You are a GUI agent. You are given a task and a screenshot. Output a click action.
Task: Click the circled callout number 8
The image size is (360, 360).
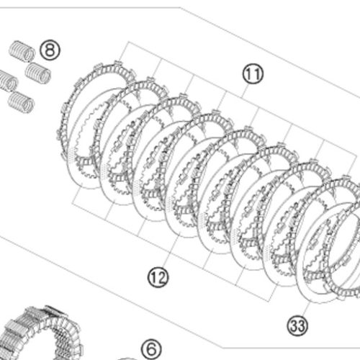point(50,50)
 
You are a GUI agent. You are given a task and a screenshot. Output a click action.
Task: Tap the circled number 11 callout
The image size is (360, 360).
point(253,74)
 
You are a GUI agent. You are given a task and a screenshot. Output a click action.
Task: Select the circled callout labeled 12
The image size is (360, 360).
point(158,277)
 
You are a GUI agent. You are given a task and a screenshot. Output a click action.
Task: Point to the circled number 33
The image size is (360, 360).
point(297,325)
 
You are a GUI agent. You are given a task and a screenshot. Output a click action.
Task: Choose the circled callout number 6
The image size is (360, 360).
point(151,349)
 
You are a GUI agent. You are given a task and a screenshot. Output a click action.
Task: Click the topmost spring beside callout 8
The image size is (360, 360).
point(22,51)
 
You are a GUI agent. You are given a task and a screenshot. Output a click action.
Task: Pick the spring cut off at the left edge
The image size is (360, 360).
point(8,81)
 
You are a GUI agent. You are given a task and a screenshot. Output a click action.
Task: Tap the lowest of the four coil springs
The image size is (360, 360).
point(21,102)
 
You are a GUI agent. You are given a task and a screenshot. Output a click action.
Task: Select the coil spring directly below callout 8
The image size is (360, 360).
point(38,73)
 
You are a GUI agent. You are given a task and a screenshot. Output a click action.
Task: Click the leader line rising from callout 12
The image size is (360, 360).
point(171,250)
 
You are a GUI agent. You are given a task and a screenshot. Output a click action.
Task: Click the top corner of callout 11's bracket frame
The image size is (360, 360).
point(128,42)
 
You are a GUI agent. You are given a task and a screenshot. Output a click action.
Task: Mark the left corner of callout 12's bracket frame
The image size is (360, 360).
point(73,204)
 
